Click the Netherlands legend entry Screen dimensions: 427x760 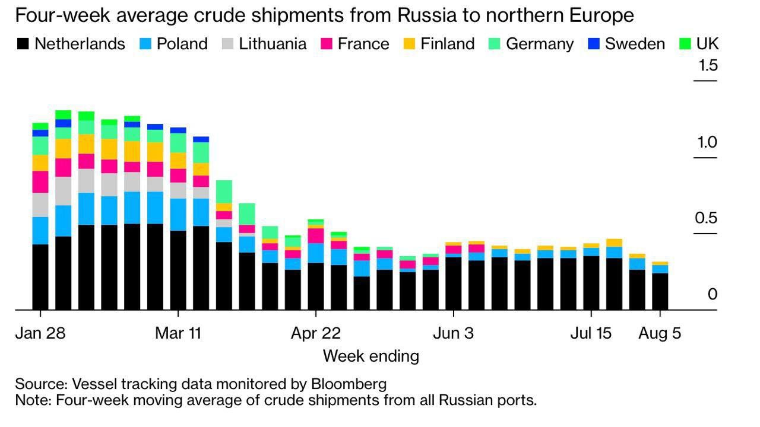click(71, 44)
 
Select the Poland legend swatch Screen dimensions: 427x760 click(145, 44)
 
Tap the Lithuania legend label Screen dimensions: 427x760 click(273, 44)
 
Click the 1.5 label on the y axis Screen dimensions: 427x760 click(708, 65)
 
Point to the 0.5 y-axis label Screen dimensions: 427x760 click(706, 218)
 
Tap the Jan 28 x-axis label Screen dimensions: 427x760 click(40, 333)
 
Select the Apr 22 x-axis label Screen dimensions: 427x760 click(315, 333)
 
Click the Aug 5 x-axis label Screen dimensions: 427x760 click(660, 333)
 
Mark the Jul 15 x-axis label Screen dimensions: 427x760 click(591, 333)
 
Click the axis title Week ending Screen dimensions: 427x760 click(370, 356)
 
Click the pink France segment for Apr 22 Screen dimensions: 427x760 click(316, 235)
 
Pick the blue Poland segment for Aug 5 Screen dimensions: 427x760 click(660, 269)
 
